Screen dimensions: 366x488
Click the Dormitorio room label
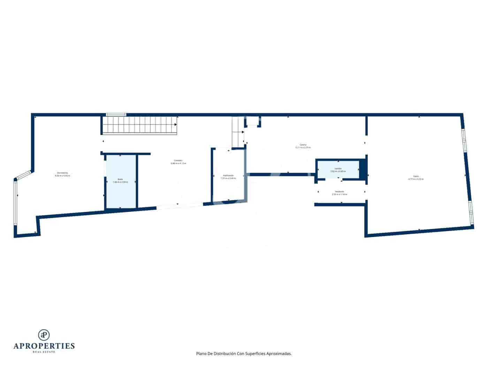(62, 173)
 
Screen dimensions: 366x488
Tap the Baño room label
(120, 180)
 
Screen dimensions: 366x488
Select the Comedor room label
(178, 161)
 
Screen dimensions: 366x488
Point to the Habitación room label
(228, 175)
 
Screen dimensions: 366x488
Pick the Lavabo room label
(338, 169)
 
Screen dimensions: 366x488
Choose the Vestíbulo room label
(340, 191)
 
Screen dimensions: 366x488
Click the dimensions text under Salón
(416, 179)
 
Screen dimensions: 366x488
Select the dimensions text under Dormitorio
(62, 176)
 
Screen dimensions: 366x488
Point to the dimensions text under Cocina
(303, 147)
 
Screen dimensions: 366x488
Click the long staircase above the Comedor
(140, 125)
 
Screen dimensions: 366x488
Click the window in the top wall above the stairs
(116, 114)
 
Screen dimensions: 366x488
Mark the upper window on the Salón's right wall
(464, 140)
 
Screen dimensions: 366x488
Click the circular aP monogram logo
(44, 335)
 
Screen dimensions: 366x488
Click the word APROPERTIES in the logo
(44, 346)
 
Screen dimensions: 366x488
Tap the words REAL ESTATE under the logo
(44, 352)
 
